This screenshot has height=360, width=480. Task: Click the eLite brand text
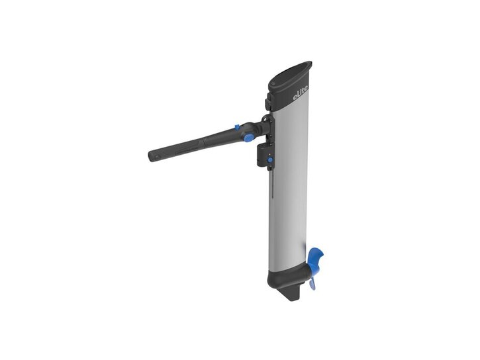point(300,92)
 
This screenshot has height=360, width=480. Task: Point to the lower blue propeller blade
point(312,283)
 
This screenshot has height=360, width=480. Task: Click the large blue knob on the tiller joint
point(248,138)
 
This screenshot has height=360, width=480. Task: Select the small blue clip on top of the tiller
point(236,126)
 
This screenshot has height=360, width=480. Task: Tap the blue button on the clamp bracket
point(270,160)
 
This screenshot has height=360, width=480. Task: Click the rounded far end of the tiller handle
point(153,156)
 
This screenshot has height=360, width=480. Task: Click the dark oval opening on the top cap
point(291,73)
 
